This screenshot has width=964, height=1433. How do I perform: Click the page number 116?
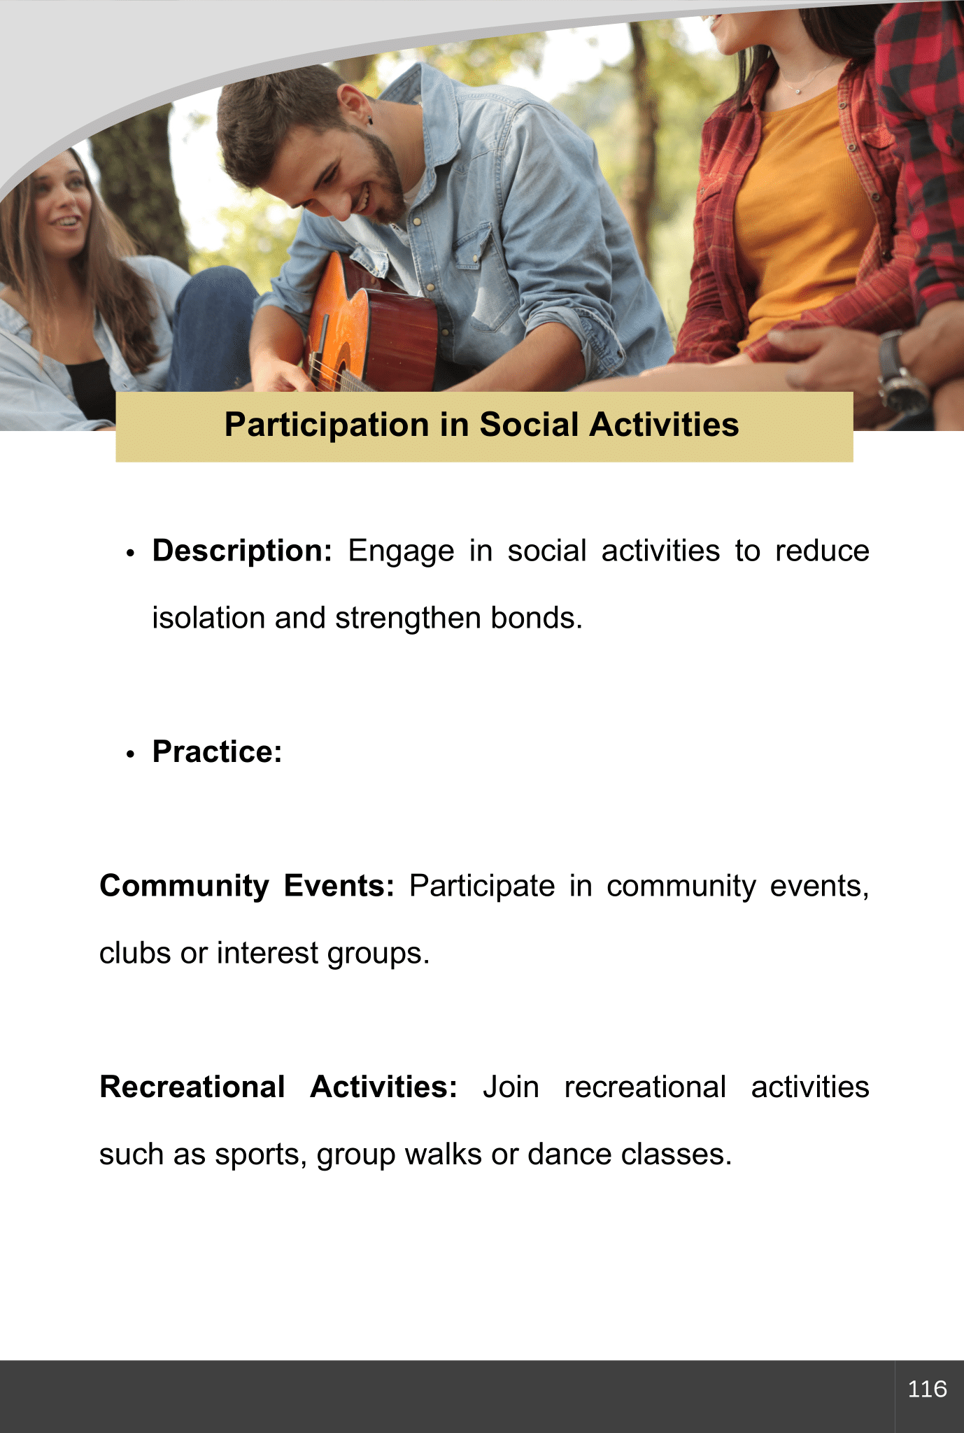tap(927, 1389)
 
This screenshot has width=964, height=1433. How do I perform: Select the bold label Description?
tap(242, 551)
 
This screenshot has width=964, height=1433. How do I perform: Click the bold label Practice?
tap(218, 751)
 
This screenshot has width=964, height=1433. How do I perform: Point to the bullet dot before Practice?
tap(130, 754)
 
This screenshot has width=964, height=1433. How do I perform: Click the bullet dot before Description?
tap(130, 553)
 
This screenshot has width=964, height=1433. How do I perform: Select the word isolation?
tap(208, 618)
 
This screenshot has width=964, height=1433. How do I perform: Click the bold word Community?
tap(184, 886)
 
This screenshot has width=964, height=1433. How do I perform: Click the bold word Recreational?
tap(192, 1087)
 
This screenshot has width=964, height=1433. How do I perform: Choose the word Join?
tap(511, 1087)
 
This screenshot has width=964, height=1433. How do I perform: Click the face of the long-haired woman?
tap(63, 203)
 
